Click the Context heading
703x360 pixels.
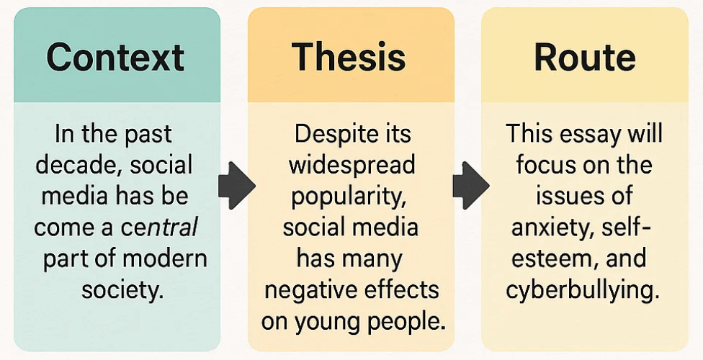coord(115,58)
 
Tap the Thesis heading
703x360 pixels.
coord(349,58)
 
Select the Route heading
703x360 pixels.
coord(584,58)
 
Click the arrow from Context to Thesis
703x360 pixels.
coord(236,185)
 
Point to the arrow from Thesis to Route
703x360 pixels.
coord(470,185)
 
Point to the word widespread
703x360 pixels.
coord(351,165)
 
